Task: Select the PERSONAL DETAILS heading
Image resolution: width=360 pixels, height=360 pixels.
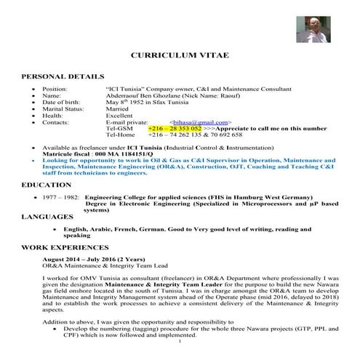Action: point(63,76)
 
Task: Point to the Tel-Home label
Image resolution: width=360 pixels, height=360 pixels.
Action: point(121,135)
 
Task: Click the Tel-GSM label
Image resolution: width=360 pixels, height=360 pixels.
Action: point(119,128)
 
